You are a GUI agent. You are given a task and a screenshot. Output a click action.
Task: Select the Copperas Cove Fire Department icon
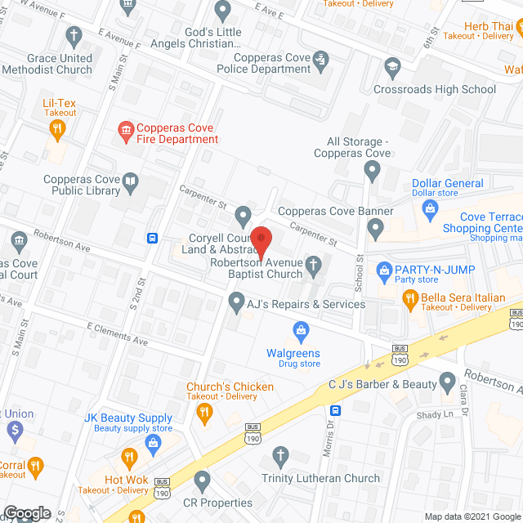(126, 130)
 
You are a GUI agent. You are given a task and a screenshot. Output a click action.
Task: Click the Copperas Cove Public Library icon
(130, 181)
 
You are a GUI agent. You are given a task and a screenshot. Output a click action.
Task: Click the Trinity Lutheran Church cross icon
(280, 455)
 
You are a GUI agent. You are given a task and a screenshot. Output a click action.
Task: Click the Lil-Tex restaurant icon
(56, 127)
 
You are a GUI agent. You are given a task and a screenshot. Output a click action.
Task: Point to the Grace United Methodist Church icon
(74, 35)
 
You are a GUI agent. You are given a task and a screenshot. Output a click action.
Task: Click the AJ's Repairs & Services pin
(235, 303)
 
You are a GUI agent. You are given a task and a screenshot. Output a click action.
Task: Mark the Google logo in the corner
(27, 512)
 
